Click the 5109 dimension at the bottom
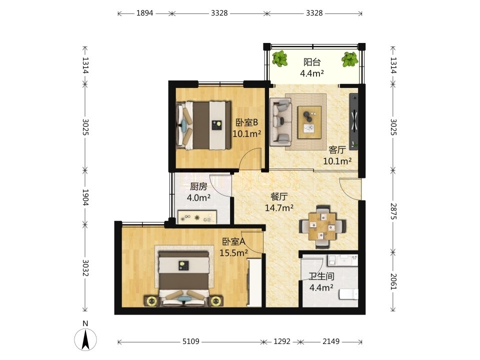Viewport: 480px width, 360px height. [190, 341]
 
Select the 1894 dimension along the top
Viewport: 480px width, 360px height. [145, 13]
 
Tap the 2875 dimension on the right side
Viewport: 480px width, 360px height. [393, 211]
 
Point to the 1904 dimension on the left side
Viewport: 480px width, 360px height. [85, 197]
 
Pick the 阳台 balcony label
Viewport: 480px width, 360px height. [312, 62]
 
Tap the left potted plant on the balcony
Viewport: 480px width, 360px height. [280, 59]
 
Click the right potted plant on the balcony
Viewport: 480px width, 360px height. [349, 59]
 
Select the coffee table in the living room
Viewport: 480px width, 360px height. [309, 122]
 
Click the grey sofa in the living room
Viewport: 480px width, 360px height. [280, 122]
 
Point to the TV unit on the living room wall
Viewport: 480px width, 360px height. [354, 121]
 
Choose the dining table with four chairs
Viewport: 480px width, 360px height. [322, 226]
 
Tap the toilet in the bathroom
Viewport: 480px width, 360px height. [348, 294]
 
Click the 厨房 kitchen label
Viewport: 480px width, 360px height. [198, 186]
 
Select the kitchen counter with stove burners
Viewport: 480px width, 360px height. [197, 217]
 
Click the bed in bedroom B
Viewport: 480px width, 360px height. [203, 125]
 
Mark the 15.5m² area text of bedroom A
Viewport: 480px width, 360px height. [233, 253]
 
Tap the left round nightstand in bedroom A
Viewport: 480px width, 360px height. [151, 301]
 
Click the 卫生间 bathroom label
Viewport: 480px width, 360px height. [321, 276]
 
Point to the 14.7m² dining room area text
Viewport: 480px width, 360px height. [279, 208]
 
